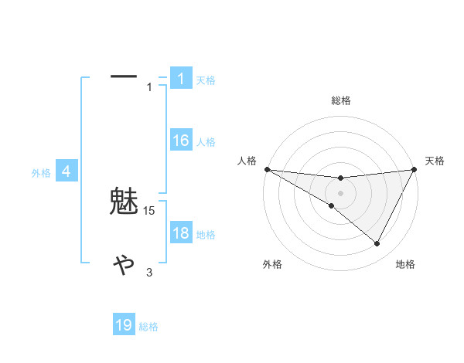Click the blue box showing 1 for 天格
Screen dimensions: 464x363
coord(180,79)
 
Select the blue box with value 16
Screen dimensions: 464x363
coord(180,141)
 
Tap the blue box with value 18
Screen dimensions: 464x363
coord(180,233)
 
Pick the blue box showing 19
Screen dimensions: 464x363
coord(124,325)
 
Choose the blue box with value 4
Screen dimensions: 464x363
coord(67,171)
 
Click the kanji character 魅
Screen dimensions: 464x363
coord(124,202)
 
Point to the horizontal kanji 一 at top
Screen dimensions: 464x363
coord(124,76)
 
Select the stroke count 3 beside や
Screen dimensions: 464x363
coord(150,273)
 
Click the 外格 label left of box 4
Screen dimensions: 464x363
coord(41,173)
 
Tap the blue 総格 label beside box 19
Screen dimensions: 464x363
coord(148,327)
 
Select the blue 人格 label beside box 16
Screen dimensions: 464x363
coord(206,142)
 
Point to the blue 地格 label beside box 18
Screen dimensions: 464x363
coord(206,235)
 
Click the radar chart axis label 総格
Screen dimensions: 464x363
coord(341,100)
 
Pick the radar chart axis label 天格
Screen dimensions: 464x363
coord(435,161)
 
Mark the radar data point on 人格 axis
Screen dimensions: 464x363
coord(267,169)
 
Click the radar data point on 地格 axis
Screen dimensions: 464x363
coord(377,244)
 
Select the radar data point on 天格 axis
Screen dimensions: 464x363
coord(415,169)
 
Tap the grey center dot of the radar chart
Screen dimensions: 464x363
coord(341,193)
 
